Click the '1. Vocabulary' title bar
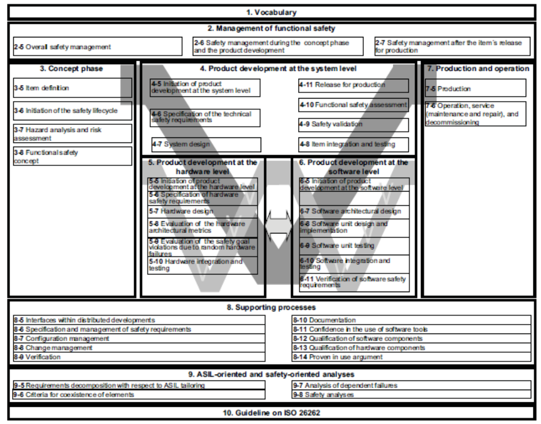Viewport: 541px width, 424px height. (x=272, y=12)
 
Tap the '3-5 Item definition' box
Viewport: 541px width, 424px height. (x=72, y=88)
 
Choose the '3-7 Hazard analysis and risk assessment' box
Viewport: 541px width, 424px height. (x=72, y=133)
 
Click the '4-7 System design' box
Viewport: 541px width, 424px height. (x=206, y=145)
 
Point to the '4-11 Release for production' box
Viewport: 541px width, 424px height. (x=353, y=85)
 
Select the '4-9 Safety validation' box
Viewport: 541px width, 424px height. (x=353, y=124)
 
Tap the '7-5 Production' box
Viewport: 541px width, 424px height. (x=475, y=88)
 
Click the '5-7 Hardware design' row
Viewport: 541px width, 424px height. (x=202, y=211)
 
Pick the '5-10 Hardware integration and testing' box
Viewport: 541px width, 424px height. (x=202, y=265)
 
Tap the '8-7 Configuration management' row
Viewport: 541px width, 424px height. (x=139, y=339)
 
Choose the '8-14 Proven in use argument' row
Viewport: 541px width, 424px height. (x=411, y=357)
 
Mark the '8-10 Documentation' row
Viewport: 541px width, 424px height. (x=411, y=320)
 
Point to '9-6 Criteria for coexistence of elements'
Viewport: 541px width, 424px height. (x=139, y=394)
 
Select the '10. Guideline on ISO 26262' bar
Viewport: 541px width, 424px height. (x=272, y=413)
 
